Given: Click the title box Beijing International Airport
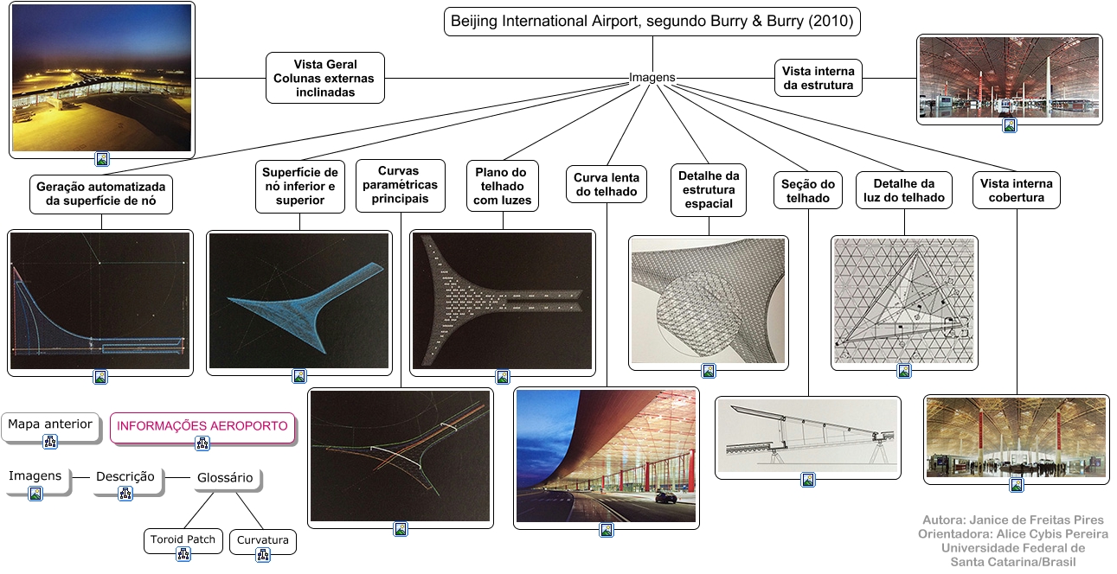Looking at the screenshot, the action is click(x=652, y=22).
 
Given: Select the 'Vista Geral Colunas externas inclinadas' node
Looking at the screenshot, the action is click(x=325, y=78).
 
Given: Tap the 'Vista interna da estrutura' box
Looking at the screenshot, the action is click(x=818, y=78).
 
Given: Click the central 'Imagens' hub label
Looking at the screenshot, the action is click(x=652, y=77).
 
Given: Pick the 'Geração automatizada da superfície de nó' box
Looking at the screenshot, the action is click(x=100, y=194).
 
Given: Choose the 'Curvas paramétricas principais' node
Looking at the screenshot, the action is click(x=400, y=185).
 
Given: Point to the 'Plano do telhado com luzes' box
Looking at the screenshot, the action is click(x=502, y=186).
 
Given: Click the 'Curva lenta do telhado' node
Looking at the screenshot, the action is click(x=607, y=184).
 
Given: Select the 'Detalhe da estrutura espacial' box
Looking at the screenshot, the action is click(x=708, y=190).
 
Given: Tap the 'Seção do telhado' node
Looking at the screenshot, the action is click(x=808, y=190).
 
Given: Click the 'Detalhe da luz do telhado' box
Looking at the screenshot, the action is click(x=903, y=190).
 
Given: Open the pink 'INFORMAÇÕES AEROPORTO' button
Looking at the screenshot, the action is click(x=202, y=426).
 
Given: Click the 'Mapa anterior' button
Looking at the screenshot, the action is click(x=50, y=425).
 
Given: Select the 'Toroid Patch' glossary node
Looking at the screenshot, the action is click(x=183, y=540).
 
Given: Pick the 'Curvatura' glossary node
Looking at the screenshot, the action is click(x=263, y=541).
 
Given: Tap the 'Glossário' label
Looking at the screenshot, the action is click(x=225, y=477).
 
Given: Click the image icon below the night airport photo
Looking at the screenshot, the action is click(x=102, y=159).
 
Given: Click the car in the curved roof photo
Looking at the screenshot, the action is click(x=665, y=497).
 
